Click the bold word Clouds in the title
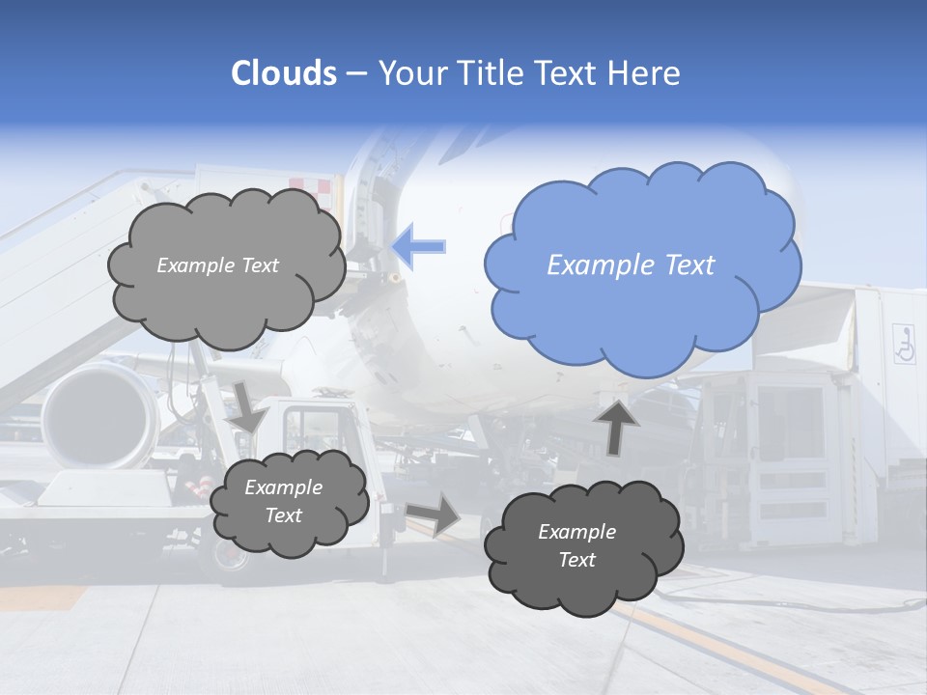(284, 73)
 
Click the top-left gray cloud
(226, 265)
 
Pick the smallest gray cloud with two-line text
(288, 501)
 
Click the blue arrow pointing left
(419, 246)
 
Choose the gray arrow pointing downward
(248, 408)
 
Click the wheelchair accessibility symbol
(904, 345)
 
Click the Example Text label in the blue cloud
(631, 265)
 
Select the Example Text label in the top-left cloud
(217, 265)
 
